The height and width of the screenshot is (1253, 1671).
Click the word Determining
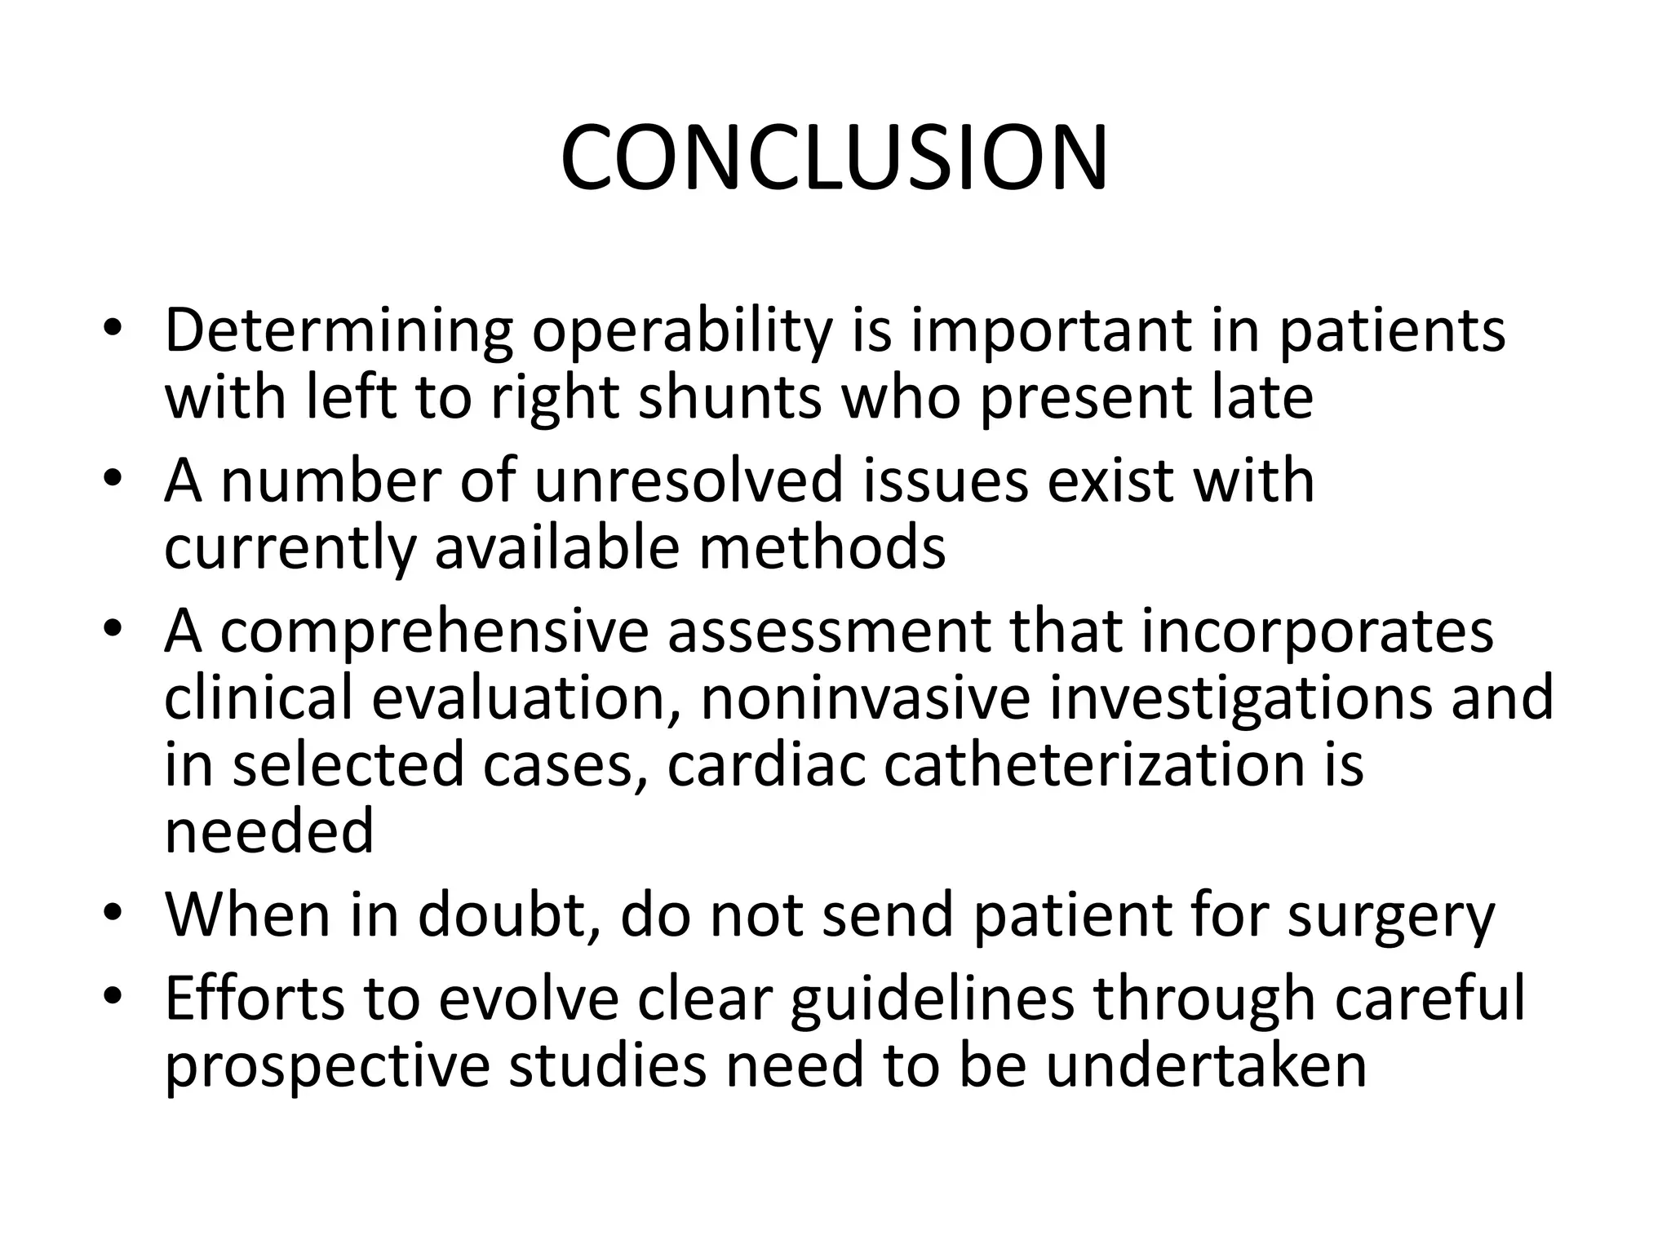(339, 331)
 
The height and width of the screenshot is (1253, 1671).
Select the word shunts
(729, 398)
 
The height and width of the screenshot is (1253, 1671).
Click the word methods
(822, 547)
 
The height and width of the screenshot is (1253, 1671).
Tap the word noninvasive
(866, 698)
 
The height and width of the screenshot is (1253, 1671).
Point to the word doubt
(508, 915)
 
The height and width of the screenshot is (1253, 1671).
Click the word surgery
(1391, 915)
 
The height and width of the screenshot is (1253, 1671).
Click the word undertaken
(1206, 1065)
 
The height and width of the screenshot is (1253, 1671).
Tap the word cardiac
(766, 765)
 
